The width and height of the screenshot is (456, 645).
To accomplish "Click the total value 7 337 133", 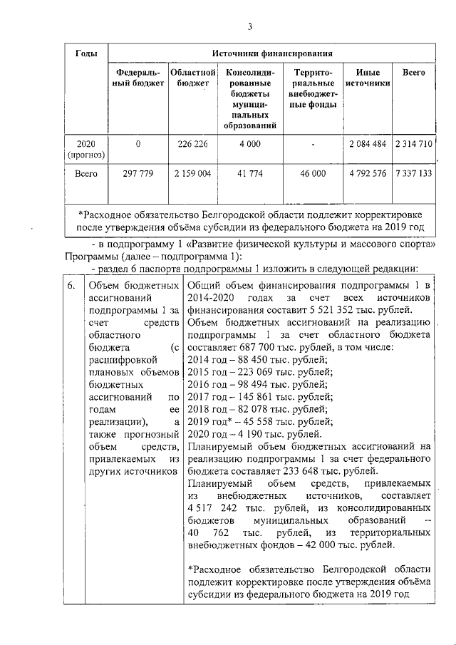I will click(x=413, y=173).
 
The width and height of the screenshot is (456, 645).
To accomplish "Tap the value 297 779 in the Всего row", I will click(x=138, y=173).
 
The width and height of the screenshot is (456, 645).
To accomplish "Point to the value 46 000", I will click(x=313, y=173).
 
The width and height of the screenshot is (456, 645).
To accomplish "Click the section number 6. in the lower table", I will click(x=68, y=286).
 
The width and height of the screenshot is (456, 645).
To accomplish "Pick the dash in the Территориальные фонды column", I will click(x=313, y=144).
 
